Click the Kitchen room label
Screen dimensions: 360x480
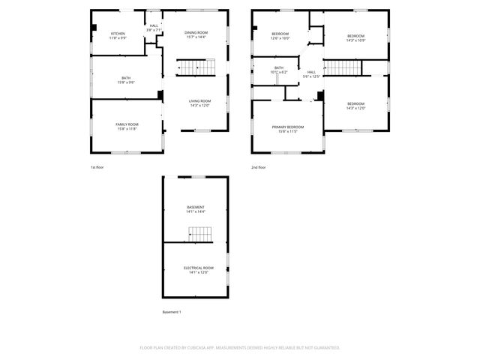[118, 34]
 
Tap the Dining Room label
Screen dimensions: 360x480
[196, 33]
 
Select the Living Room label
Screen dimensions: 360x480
[199, 101]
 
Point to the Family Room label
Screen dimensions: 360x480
[127, 124]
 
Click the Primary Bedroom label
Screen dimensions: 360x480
[288, 127]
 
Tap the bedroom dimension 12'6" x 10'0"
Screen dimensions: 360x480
[280, 38]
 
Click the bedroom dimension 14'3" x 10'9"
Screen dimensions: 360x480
[355, 40]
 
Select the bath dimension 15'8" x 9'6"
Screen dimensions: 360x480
[126, 82]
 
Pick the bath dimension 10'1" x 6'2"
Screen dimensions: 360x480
[279, 72]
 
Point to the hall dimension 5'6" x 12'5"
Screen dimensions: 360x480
[311, 76]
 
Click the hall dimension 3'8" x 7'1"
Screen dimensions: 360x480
[154, 30]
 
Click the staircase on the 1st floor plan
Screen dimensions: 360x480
[193, 67]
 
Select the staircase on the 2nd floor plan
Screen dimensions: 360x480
[343, 67]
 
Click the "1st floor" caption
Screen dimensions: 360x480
[97, 167]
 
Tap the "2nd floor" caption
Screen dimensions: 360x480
[258, 167]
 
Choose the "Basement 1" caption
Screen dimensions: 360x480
[172, 311]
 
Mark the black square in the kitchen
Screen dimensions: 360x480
[94, 28]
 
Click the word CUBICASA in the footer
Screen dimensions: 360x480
[202, 348]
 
